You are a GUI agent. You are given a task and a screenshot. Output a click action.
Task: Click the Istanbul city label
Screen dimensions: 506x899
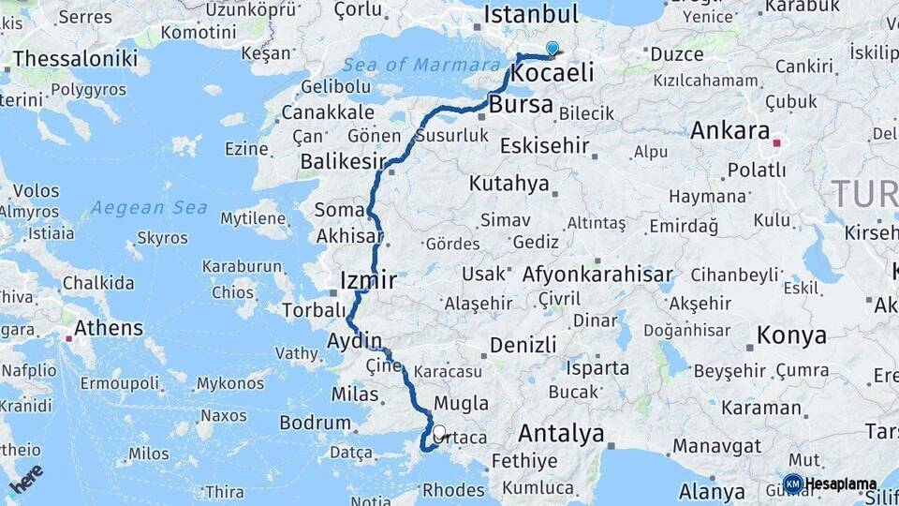coord(530,14)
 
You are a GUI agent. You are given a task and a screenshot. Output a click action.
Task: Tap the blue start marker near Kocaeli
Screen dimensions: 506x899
coord(553,49)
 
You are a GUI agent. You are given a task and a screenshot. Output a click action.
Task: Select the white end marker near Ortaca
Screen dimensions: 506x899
coord(439,433)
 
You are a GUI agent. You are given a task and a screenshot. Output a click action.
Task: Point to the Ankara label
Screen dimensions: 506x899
coord(730,130)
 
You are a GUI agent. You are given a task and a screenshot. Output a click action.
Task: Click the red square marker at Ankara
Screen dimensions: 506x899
coord(776,143)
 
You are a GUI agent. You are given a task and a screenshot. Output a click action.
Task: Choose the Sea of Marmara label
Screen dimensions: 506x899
coord(420,66)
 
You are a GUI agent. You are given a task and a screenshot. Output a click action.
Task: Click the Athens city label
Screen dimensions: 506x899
coord(110,329)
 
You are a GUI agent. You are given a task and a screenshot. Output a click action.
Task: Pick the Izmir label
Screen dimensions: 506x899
coord(368,280)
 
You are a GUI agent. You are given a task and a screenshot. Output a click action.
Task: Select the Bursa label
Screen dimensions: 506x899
coord(521,104)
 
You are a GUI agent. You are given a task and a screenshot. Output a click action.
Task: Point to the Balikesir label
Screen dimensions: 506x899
coord(343,162)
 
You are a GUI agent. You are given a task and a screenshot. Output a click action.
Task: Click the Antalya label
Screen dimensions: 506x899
coord(561,433)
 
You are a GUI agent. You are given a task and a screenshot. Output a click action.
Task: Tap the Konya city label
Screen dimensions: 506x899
coord(791,335)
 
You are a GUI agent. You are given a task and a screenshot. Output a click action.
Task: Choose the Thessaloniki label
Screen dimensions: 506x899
coord(75,58)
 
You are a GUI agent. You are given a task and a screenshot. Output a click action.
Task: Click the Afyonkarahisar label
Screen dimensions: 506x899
coord(597,275)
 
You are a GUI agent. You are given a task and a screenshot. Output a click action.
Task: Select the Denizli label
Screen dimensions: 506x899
coord(523,345)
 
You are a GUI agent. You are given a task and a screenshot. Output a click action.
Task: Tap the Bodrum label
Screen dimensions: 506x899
coord(315,424)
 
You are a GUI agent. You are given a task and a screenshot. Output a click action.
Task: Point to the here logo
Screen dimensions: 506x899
coord(26,478)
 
